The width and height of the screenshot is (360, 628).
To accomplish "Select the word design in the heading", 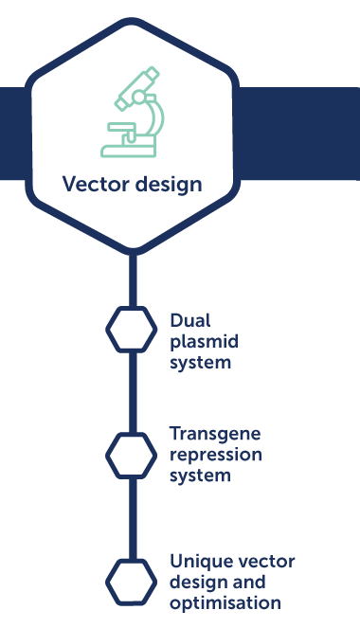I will tap(166, 183).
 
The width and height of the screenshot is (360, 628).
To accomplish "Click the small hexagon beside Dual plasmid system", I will tap(132, 329).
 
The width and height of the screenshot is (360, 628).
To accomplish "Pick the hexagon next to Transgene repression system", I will tap(132, 455).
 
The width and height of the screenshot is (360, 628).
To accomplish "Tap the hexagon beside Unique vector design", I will tap(132, 581).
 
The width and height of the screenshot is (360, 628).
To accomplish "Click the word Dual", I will tap(189, 320).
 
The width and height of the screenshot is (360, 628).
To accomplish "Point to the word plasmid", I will tap(201, 341).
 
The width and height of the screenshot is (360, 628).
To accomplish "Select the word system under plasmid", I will tap(200, 362).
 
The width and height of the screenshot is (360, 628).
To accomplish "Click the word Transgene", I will tap(215, 434).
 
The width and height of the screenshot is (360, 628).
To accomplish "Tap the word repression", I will tap(215, 455).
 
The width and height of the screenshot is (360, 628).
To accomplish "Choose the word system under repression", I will tap(200, 475).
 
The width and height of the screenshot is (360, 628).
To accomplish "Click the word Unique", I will tap(199, 561).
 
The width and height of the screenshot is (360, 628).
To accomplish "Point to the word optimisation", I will tap(225, 602).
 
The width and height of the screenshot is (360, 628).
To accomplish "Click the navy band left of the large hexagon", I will tap(13, 133).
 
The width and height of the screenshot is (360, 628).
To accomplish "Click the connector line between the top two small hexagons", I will tap(132, 391).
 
